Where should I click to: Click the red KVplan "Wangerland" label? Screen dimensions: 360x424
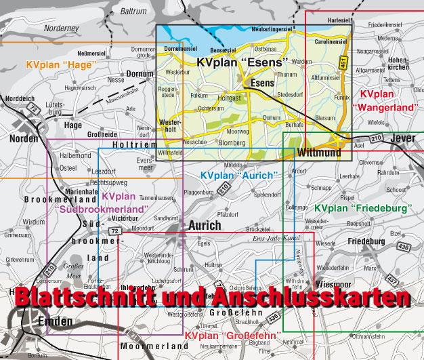click(x=381, y=100)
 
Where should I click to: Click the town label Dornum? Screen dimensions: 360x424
click(x=141, y=73)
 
